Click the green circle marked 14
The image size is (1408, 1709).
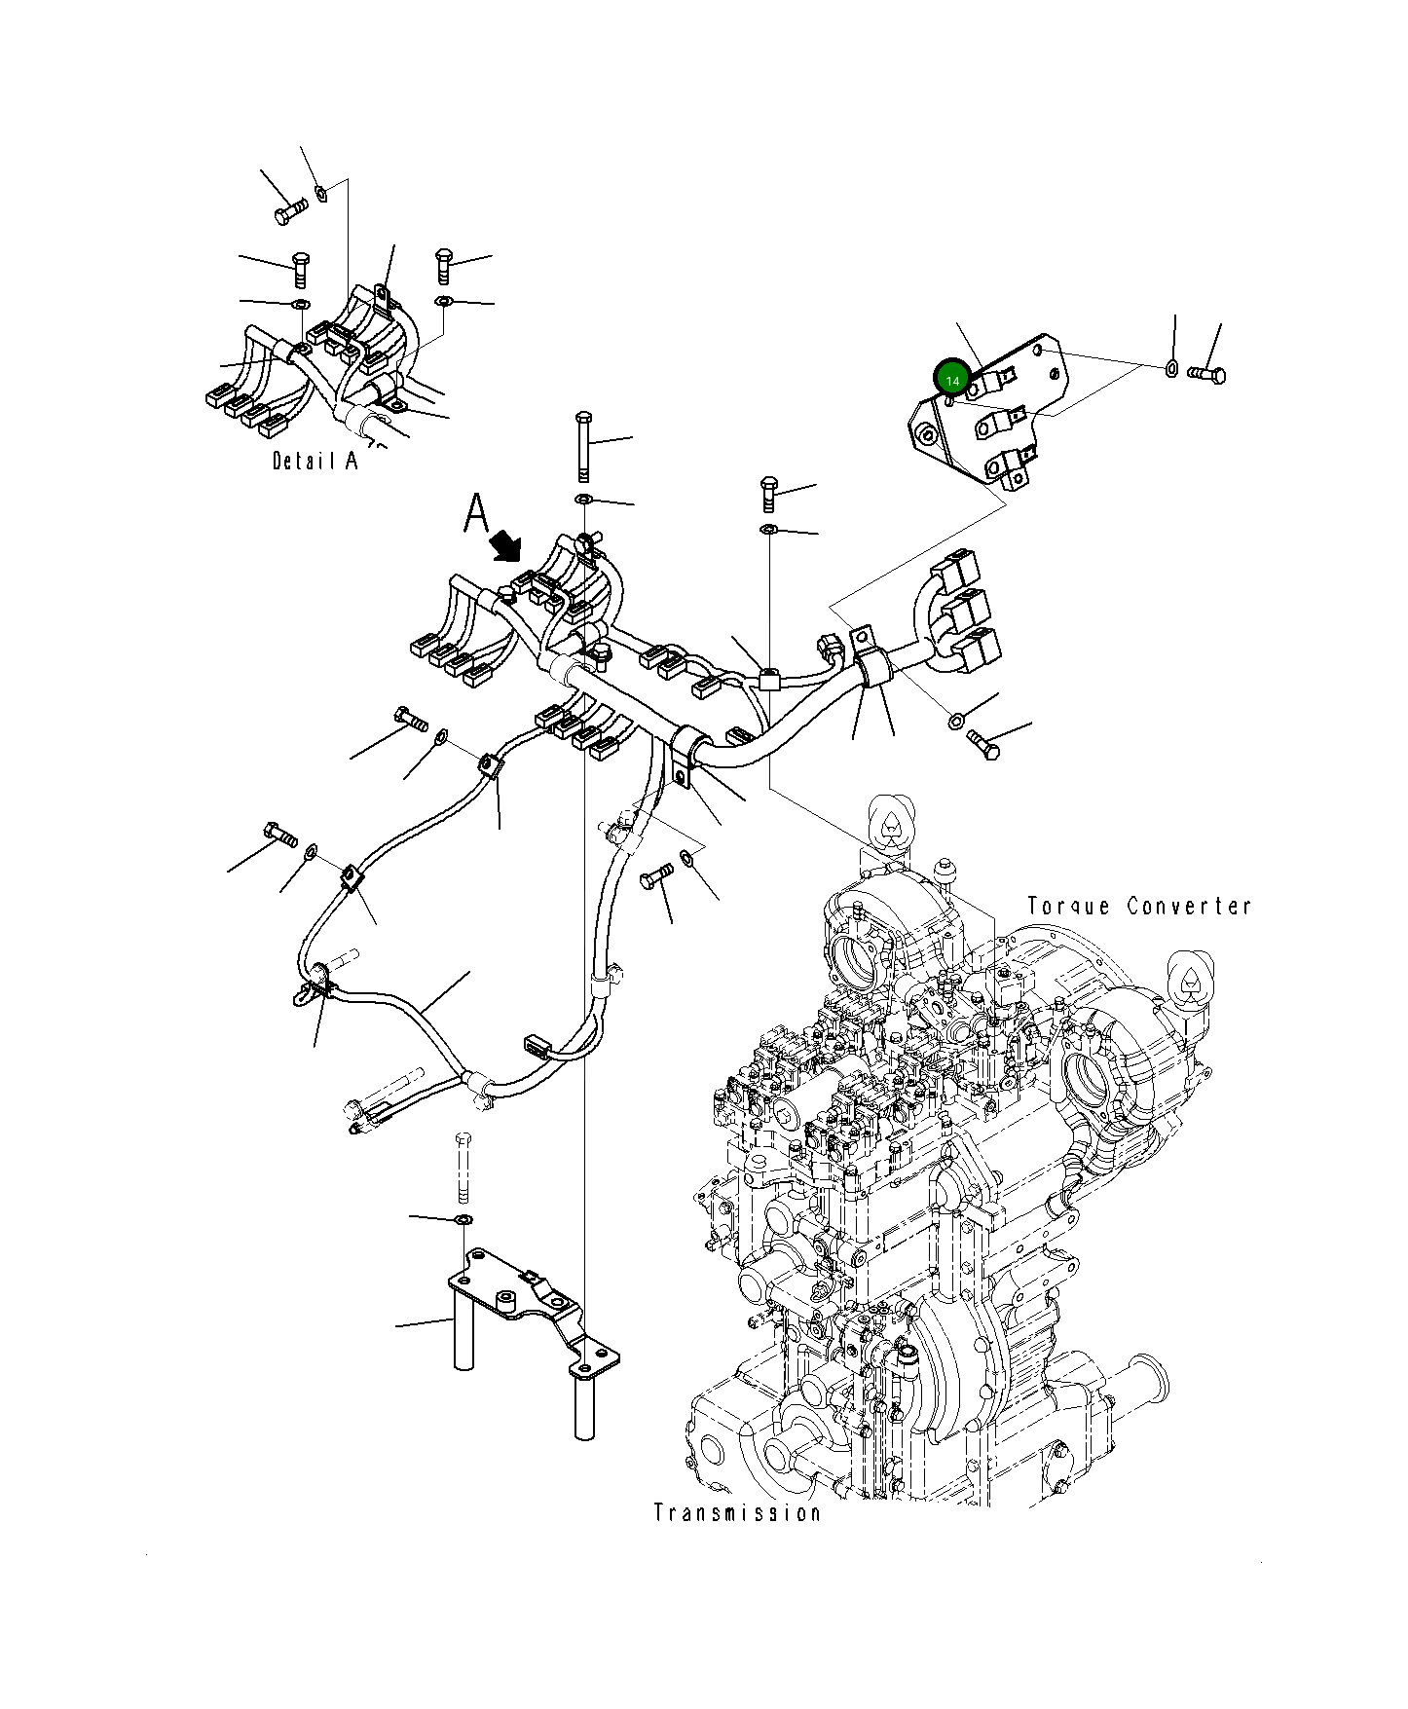pos(951,379)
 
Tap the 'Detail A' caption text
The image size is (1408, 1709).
pos(315,461)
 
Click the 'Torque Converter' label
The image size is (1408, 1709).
pos(1138,906)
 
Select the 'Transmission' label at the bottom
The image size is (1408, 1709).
pos(736,1540)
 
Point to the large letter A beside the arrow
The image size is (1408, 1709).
pos(475,513)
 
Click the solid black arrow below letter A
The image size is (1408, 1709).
pos(507,546)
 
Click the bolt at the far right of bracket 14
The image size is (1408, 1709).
pos(1208,373)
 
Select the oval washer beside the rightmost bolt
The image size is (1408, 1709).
pos(1172,368)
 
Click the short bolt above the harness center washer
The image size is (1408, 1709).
pos(768,494)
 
